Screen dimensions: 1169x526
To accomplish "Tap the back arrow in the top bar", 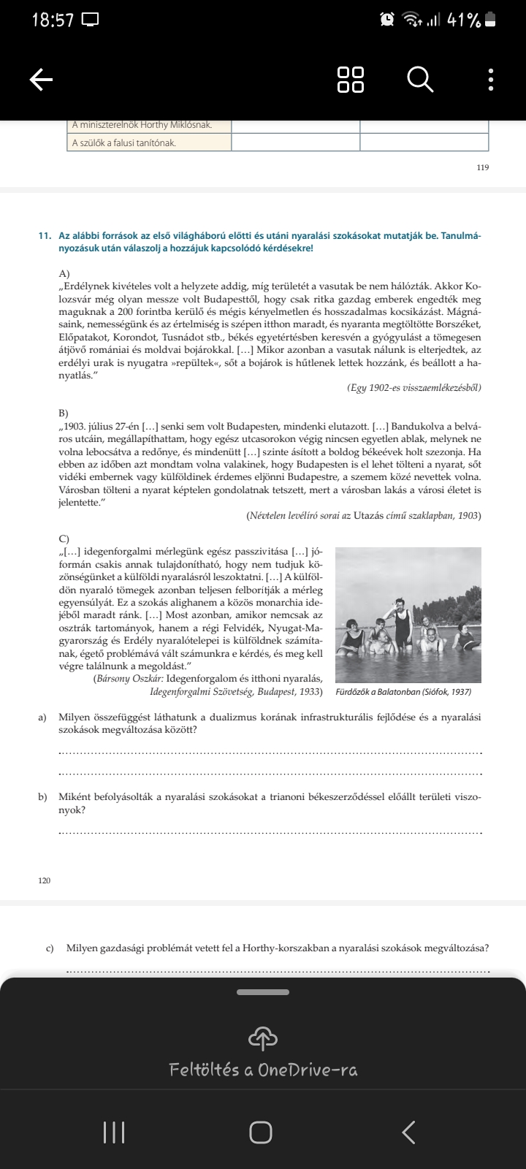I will [x=42, y=80].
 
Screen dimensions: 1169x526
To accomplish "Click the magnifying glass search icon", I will [x=420, y=79].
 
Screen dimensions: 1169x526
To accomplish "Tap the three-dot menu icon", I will [x=491, y=80].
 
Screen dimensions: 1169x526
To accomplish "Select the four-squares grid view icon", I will [x=351, y=79].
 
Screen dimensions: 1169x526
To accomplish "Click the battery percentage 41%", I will [x=463, y=20].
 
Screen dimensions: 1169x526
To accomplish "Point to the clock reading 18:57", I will [x=53, y=20].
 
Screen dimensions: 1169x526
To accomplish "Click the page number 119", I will [x=482, y=167].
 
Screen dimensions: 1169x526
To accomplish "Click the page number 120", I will [x=45, y=880].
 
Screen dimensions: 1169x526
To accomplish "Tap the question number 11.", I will [x=45, y=236].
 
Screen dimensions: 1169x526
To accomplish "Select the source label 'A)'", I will [x=64, y=273].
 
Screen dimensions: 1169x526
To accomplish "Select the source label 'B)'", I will [x=64, y=414].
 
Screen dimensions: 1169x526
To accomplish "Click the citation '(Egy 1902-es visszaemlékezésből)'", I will [x=414, y=387].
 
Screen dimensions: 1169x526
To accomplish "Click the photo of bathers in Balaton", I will [x=408, y=614].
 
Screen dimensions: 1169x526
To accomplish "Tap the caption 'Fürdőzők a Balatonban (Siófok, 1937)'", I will [x=403, y=692].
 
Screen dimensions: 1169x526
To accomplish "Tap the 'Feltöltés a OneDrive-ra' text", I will [x=263, y=1070].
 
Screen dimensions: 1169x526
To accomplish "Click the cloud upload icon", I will [x=263, y=1037].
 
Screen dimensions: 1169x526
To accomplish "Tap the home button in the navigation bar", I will [x=261, y=1132].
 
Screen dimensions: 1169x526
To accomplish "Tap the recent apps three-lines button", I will [x=114, y=1132].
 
